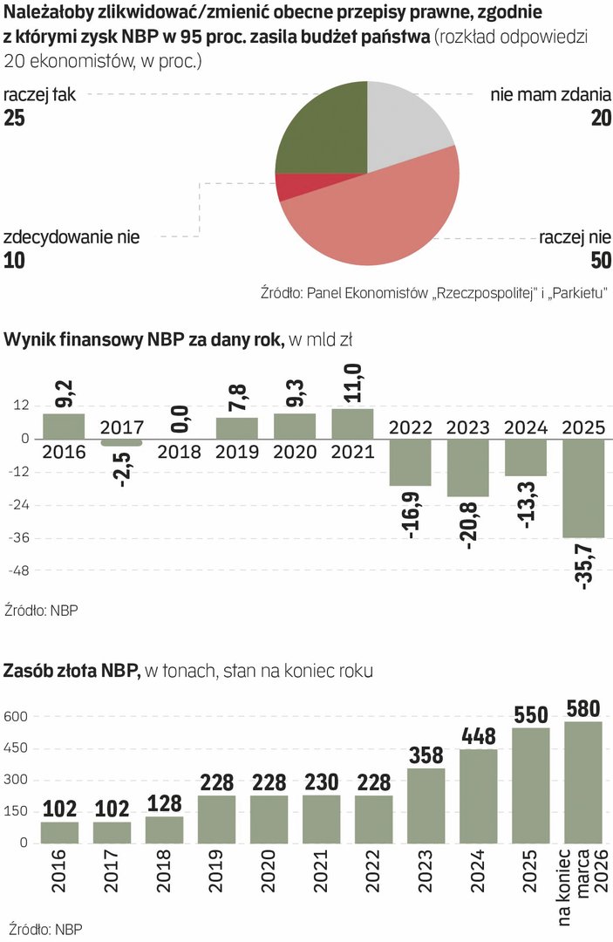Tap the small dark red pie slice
coord(295,186)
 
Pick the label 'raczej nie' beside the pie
coord(575,236)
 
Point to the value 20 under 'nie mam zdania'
coord(600,119)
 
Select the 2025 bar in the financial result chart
coord(584,488)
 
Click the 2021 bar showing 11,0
coord(352,423)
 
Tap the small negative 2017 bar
coord(122,442)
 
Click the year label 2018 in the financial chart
coord(180,453)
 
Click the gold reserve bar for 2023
coord(425,804)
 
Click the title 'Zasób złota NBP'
coord(69,671)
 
